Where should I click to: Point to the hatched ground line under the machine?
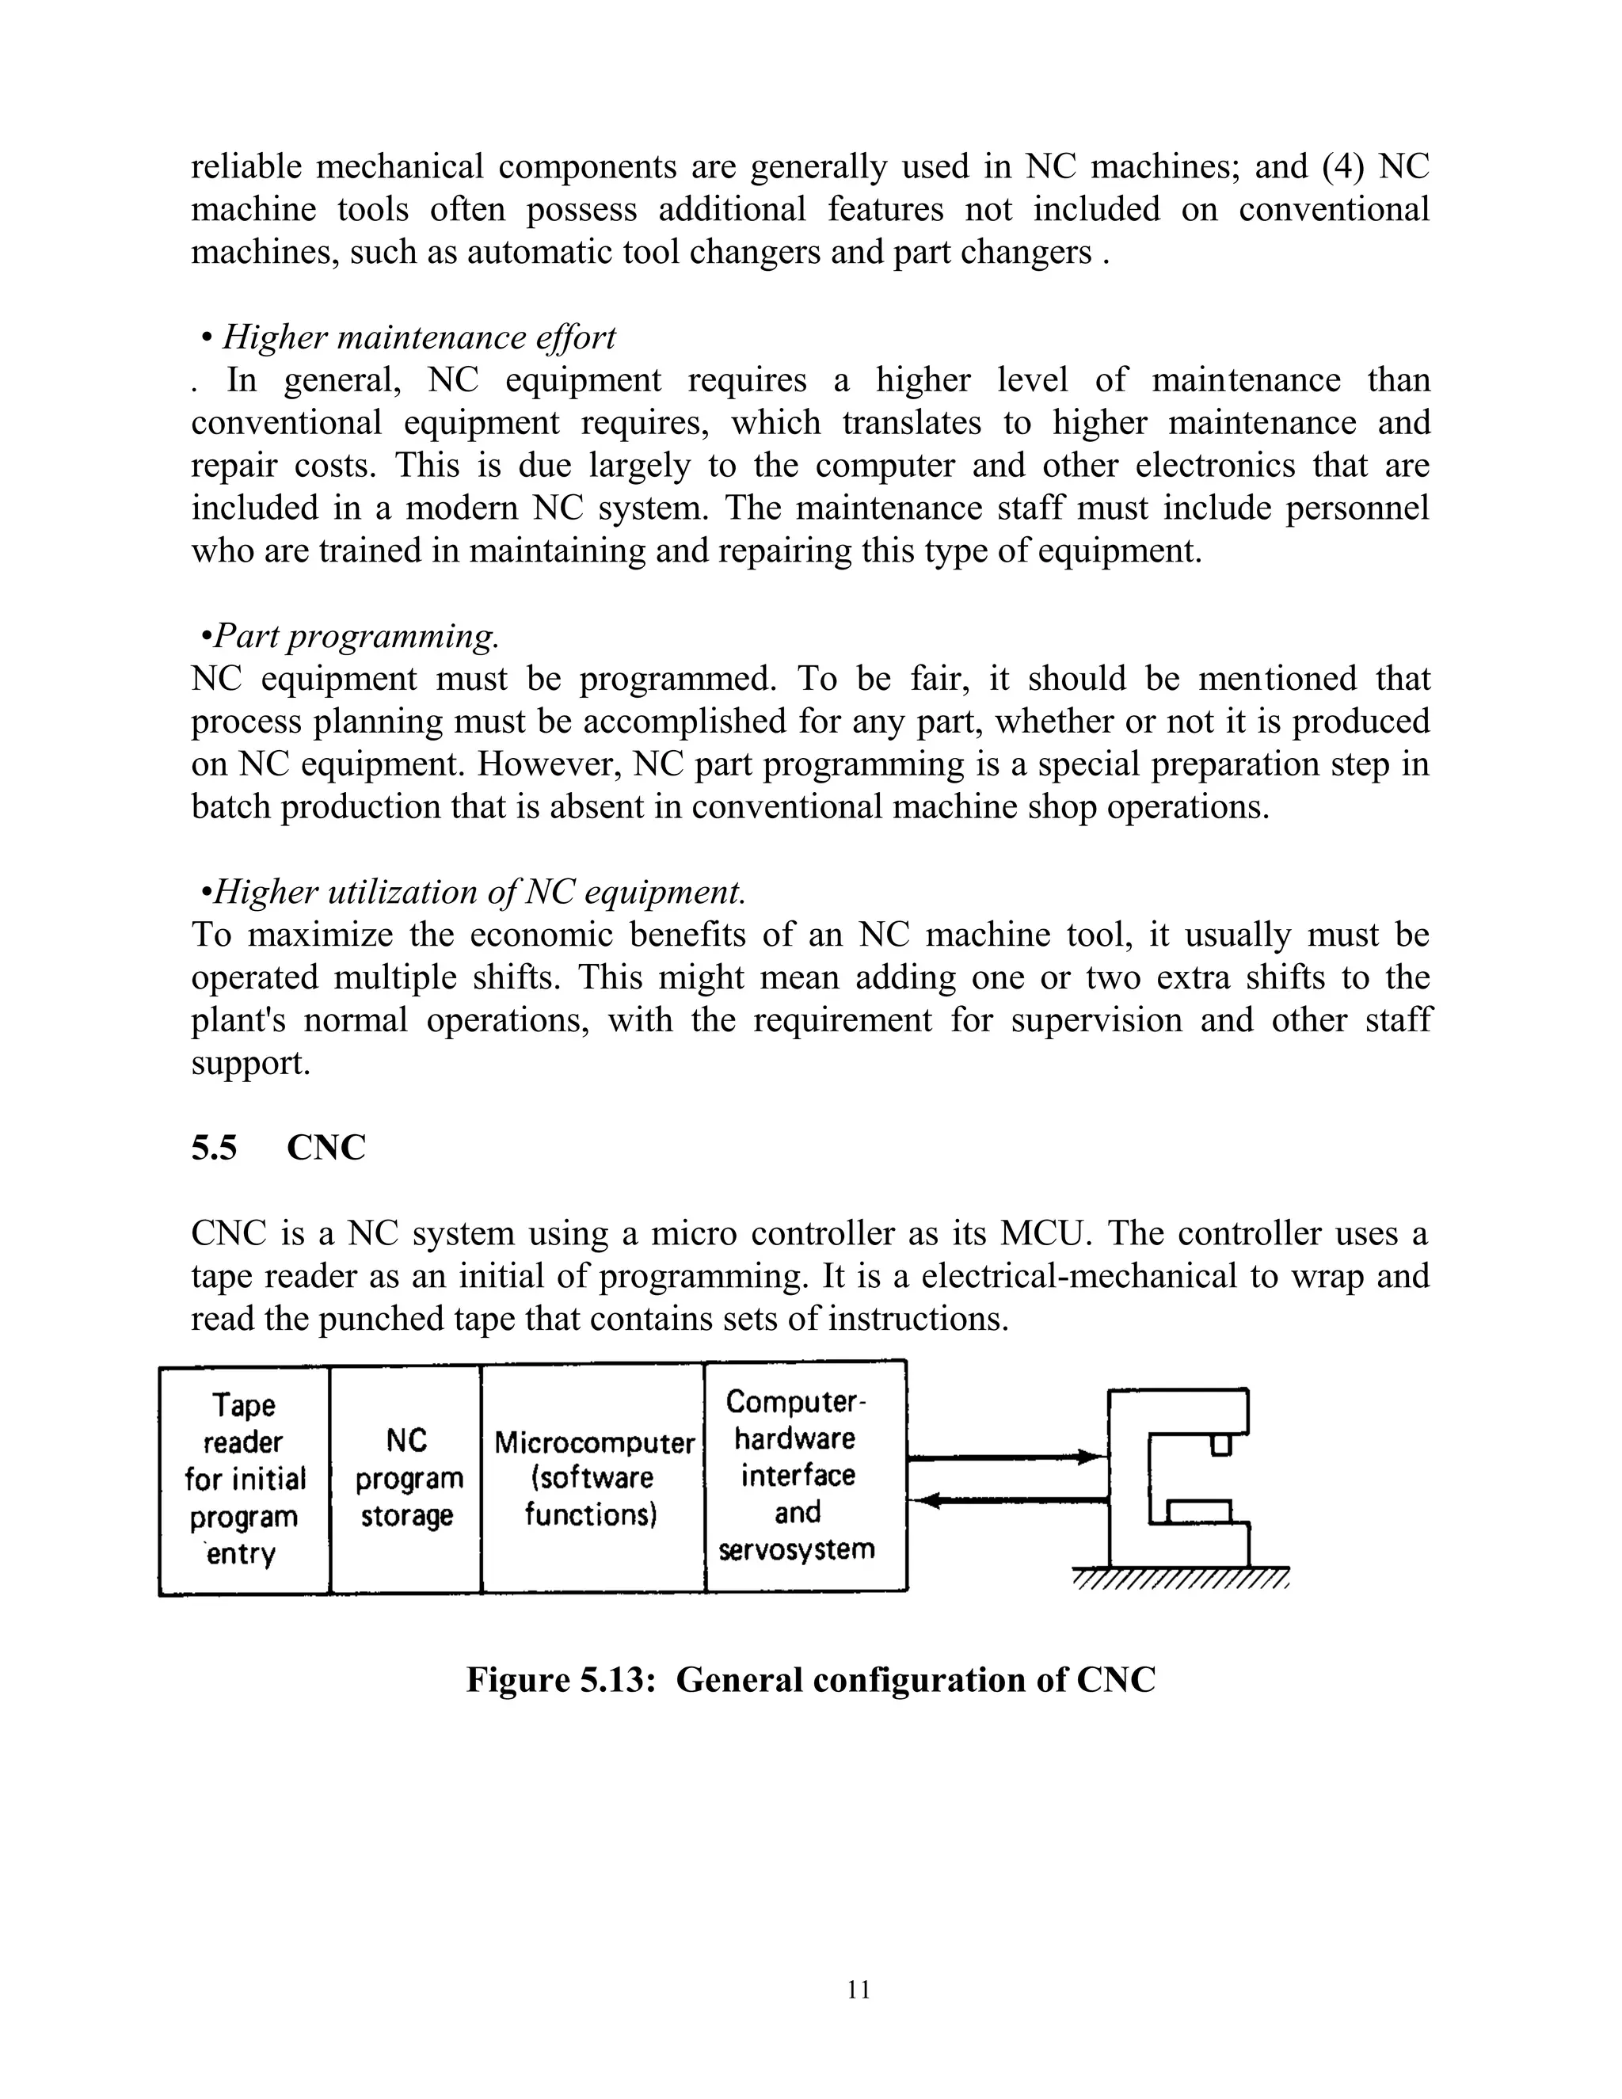pos(1180,1579)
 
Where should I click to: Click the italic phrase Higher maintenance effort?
pos(418,337)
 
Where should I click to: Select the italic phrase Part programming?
pos(356,635)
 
